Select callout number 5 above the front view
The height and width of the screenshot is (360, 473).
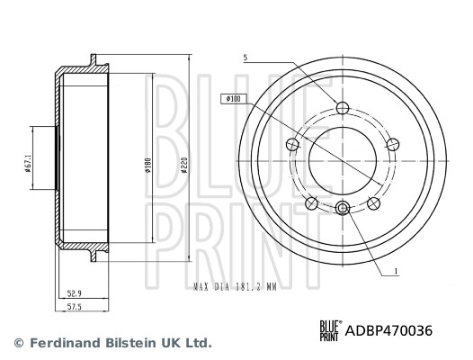[x=244, y=58]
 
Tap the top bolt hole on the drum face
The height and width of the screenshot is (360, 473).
[x=341, y=109]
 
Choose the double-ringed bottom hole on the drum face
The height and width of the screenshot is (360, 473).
[x=341, y=209]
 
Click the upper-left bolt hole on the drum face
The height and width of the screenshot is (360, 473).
[x=292, y=142]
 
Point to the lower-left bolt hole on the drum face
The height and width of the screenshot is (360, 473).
[x=310, y=200]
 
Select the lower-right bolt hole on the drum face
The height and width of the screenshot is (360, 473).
[x=371, y=200]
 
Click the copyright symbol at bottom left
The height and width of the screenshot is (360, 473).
[x=17, y=343]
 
